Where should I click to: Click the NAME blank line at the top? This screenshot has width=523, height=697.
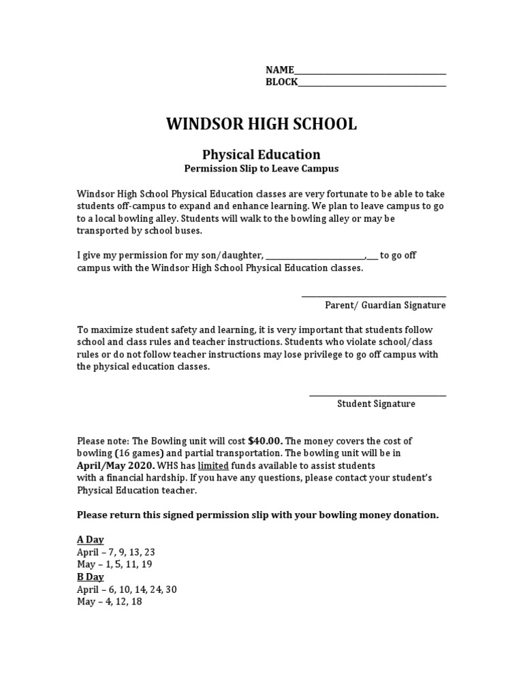click(x=370, y=73)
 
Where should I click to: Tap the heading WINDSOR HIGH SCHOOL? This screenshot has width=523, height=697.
click(x=261, y=124)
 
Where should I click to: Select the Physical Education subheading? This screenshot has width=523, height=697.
click(x=261, y=155)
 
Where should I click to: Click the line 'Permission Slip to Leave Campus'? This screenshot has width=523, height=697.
click(x=261, y=168)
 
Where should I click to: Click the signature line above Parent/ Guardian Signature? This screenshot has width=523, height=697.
click(x=373, y=295)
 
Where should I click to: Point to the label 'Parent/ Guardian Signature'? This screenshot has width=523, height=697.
click(x=385, y=306)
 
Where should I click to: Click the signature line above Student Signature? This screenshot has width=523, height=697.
click(x=377, y=395)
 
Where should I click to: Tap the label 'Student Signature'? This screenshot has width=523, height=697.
click(x=376, y=404)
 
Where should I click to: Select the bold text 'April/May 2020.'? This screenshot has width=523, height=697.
click(x=116, y=466)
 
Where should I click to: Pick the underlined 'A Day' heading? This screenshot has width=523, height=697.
click(x=90, y=540)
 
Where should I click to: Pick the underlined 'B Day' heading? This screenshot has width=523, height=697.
click(x=90, y=577)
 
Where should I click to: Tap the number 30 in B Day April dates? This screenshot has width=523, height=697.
click(x=170, y=589)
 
